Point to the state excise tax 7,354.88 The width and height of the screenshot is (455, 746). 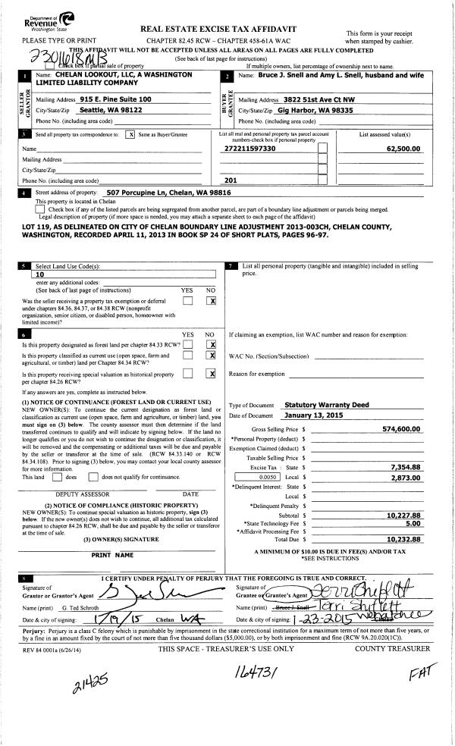tap(404, 467)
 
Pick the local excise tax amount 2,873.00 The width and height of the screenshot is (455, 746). tap(404, 478)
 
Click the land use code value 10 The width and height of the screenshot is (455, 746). tap(42, 275)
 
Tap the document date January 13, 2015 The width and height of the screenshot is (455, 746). tap(317, 415)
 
